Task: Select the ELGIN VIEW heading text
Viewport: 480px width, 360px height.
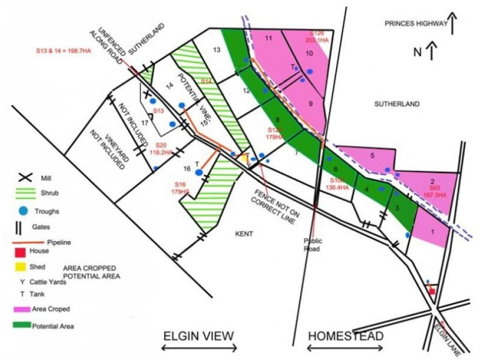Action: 200,335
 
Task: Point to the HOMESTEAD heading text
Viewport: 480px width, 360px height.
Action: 345,336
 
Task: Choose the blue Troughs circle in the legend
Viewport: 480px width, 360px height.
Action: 23,211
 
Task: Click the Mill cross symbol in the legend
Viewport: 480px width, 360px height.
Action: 25,178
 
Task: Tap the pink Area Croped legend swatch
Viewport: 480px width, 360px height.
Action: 23,308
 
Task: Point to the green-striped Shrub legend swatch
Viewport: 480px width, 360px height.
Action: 25,194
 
